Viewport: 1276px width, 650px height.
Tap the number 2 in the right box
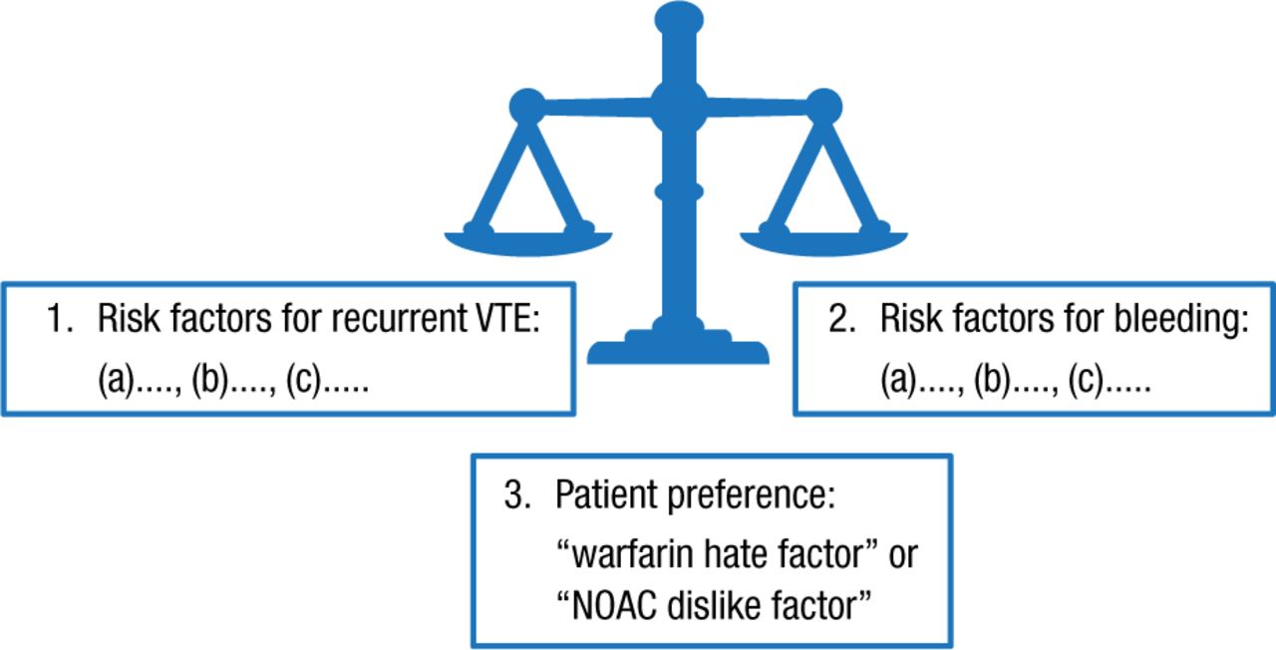tap(838, 321)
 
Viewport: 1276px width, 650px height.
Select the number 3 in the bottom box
tap(514, 496)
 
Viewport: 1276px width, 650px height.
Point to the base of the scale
tap(678, 349)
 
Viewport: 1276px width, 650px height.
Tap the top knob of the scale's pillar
tap(679, 19)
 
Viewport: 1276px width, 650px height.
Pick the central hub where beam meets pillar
tap(679, 104)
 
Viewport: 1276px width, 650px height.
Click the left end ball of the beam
tap(526, 106)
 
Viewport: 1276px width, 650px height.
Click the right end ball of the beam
tap(823, 106)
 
